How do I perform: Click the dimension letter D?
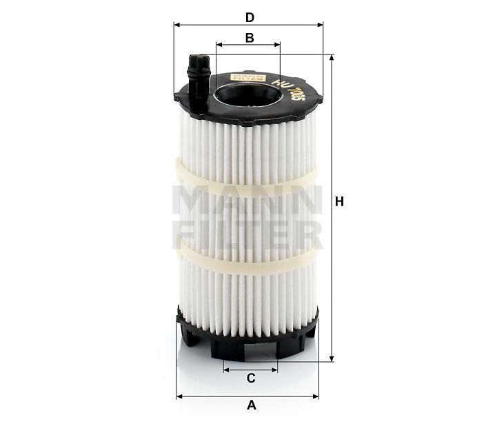tap(250, 16)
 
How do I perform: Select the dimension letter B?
tap(250, 38)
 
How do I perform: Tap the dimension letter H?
tap(339, 201)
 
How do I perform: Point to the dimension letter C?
tap(251, 378)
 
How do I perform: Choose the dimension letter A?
tap(251, 405)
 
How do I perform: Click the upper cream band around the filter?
tap(248, 183)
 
